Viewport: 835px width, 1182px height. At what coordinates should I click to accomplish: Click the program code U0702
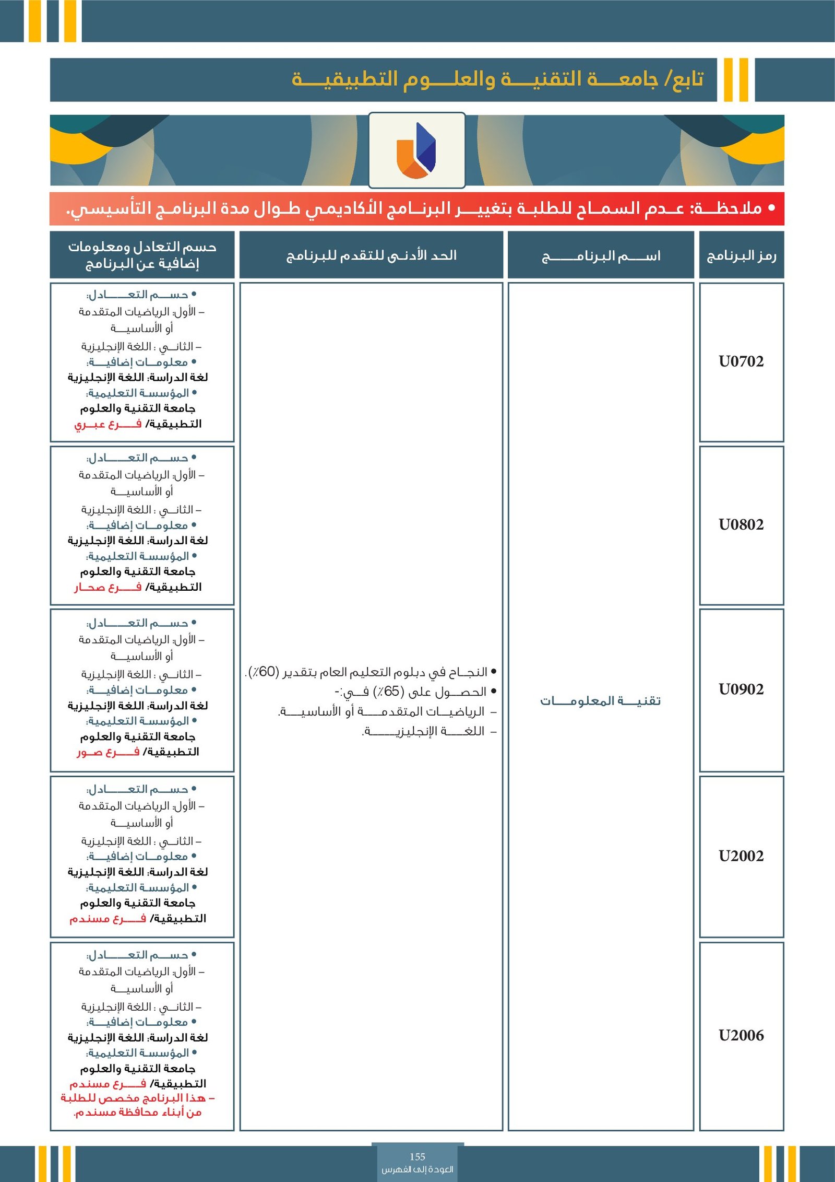(741, 361)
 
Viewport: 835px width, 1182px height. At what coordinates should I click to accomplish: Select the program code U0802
(741, 524)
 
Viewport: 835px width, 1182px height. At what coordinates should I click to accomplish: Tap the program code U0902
(741, 689)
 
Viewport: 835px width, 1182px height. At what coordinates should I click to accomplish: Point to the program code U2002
(741, 856)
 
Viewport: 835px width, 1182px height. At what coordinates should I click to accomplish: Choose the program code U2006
(741, 1035)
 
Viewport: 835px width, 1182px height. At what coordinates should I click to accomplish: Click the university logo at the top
(416, 150)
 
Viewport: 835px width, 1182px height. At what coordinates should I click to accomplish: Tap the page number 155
(417, 1157)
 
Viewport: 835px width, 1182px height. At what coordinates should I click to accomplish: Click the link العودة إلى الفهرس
(417, 1169)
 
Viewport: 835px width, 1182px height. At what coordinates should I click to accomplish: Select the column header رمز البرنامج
(741, 255)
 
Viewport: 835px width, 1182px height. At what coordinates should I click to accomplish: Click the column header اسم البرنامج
(601, 256)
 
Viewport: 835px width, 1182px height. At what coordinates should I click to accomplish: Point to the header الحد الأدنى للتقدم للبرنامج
(371, 255)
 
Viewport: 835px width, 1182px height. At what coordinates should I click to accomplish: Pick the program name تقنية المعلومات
(600, 700)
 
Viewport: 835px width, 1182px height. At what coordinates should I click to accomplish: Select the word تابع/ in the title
(684, 79)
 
